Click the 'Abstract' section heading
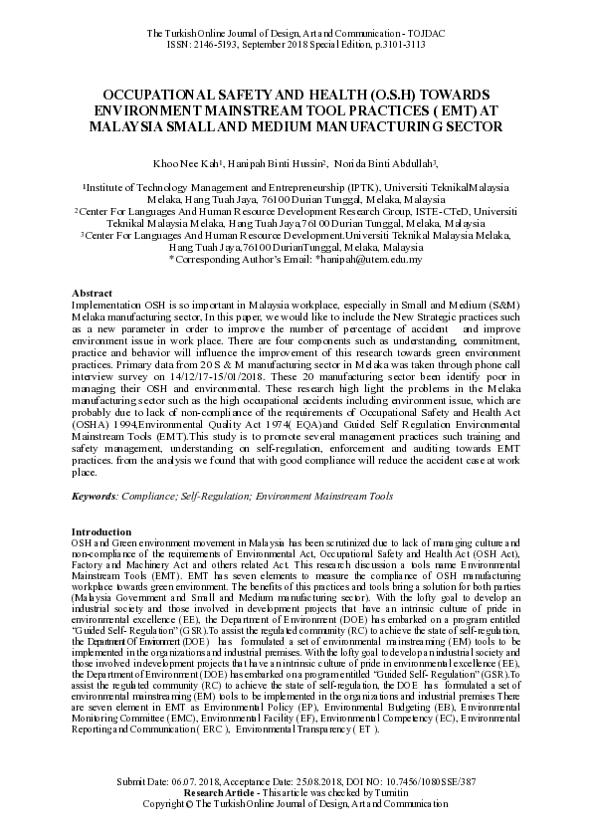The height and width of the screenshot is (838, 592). (92, 293)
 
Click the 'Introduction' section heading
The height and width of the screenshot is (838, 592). (101, 532)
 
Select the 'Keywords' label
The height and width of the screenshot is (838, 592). (96, 496)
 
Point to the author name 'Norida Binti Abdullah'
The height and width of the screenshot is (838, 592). (384, 163)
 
